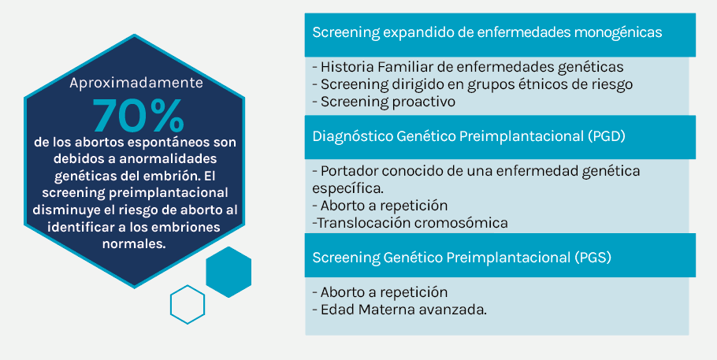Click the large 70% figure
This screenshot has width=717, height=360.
coord(138,115)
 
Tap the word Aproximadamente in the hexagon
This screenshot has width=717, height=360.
coord(136,83)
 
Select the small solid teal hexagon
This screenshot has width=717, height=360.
coord(228,273)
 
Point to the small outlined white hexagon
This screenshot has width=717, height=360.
coord(188,305)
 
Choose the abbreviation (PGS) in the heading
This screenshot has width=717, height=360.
coord(593,257)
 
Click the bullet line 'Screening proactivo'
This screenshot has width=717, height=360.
coord(384,102)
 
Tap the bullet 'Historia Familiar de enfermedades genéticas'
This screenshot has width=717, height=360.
coord(468,67)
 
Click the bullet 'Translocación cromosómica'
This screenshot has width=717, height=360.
coord(411,223)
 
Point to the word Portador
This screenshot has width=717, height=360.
coord(350,171)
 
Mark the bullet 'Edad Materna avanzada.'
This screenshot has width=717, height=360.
coord(399,310)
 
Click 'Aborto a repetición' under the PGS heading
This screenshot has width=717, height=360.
coord(380,292)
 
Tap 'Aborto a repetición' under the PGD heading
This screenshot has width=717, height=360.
coord(380,206)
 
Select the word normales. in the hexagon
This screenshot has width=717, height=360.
coord(133,244)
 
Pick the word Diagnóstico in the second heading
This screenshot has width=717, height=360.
coord(351,136)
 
